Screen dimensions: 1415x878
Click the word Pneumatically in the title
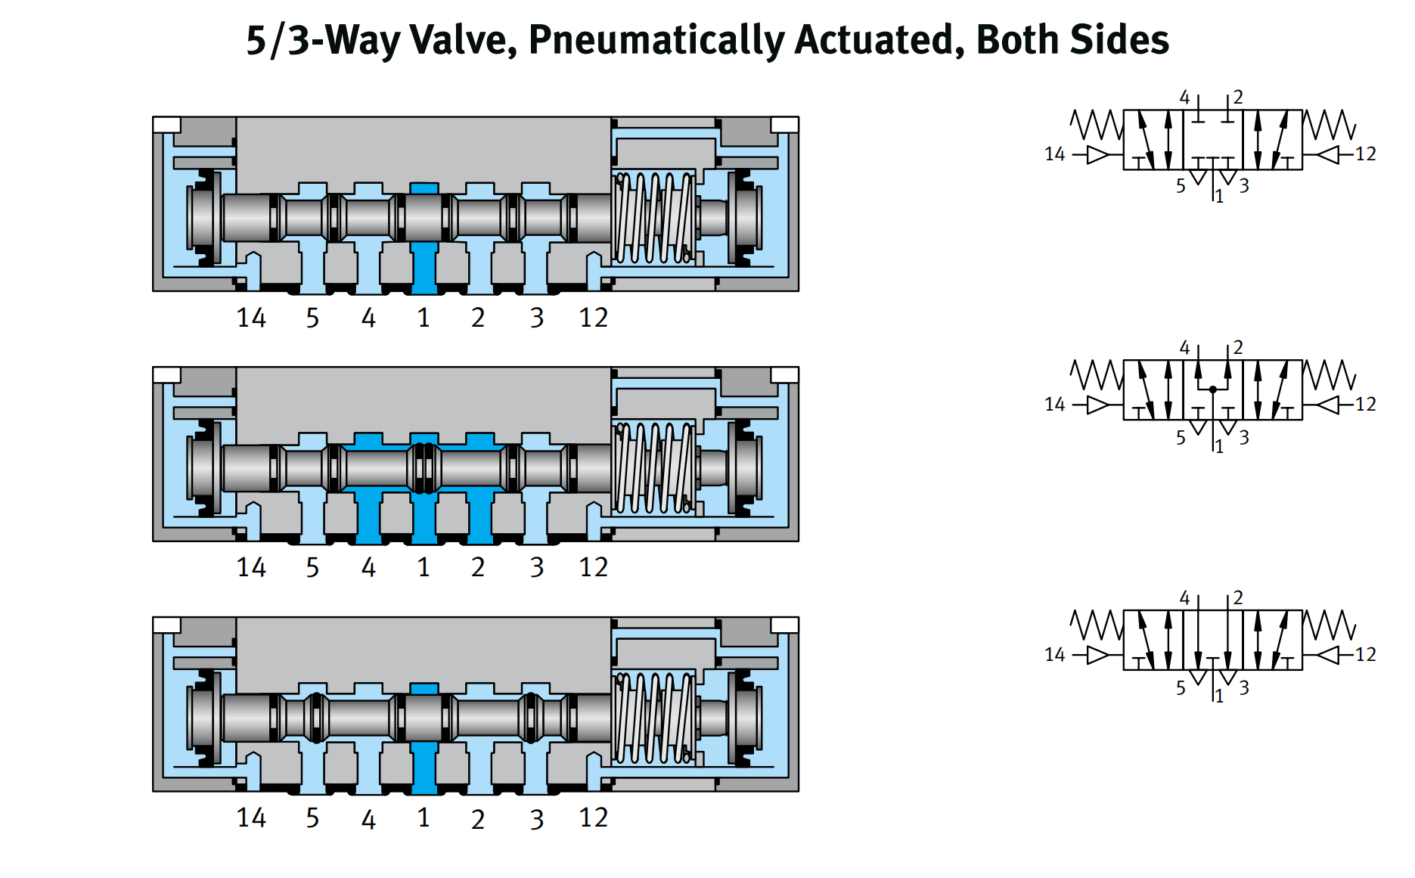click(x=656, y=40)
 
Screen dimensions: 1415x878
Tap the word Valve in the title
click(x=463, y=40)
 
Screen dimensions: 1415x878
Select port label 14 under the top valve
click(x=251, y=318)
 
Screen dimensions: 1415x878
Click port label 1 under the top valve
click(x=424, y=318)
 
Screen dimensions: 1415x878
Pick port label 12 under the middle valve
click(x=593, y=567)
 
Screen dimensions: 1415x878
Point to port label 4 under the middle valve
click(x=368, y=567)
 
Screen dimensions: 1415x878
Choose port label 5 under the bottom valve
click(x=312, y=818)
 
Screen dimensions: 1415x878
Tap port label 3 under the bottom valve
click(x=536, y=819)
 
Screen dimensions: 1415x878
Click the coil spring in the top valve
click(x=653, y=218)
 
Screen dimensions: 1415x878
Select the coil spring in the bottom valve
click(x=653, y=718)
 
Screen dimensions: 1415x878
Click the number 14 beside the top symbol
click(x=1054, y=154)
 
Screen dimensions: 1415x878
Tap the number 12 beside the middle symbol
click(x=1365, y=404)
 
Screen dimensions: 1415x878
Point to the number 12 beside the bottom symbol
click(x=1365, y=654)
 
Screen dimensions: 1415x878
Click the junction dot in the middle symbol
click(x=1213, y=389)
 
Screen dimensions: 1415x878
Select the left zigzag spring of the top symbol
click(x=1096, y=125)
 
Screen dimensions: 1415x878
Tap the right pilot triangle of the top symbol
click(x=1328, y=154)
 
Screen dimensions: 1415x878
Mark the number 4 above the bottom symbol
click(x=1184, y=598)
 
